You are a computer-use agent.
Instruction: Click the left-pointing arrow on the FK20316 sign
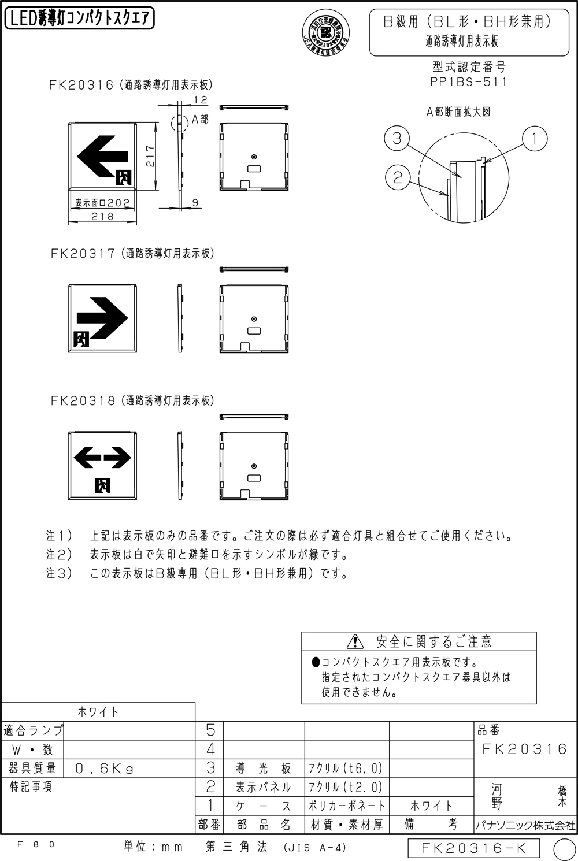point(102,155)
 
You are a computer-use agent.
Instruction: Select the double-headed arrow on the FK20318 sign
point(102,457)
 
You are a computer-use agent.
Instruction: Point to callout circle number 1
point(535,139)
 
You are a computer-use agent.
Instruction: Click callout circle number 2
point(397,177)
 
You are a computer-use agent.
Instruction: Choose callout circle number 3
point(397,139)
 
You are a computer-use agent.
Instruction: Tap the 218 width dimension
point(102,216)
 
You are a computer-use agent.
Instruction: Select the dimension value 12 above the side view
point(200,100)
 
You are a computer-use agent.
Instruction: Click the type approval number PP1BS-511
point(468,82)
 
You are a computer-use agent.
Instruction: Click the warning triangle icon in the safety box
point(355,641)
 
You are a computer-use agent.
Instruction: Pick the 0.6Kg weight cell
point(105,768)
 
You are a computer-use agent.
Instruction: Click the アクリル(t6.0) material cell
point(346,768)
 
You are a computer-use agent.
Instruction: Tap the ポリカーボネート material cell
point(346,805)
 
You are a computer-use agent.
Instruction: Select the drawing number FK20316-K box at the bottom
point(473,848)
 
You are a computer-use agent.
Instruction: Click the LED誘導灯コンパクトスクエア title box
point(79,19)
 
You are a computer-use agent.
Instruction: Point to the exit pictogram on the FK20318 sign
point(102,485)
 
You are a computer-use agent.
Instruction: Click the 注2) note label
point(60,555)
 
